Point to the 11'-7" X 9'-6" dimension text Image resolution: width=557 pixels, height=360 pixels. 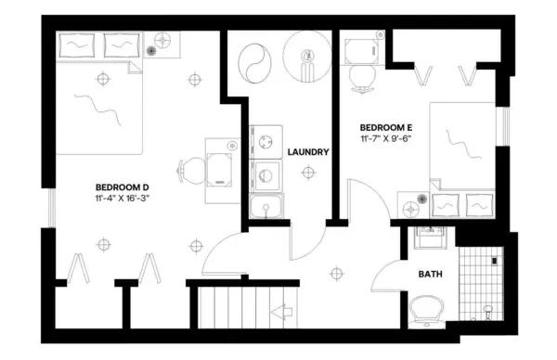pyautogui.click(x=384, y=138)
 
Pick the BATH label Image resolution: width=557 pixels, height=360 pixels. pyautogui.click(x=430, y=274)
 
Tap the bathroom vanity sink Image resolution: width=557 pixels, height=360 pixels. pyautogui.click(x=429, y=237)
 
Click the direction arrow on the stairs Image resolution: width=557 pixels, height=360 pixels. pyautogui.click(x=281, y=315)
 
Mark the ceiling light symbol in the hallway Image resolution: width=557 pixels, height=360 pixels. pyautogui.click(x=336, y=273)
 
